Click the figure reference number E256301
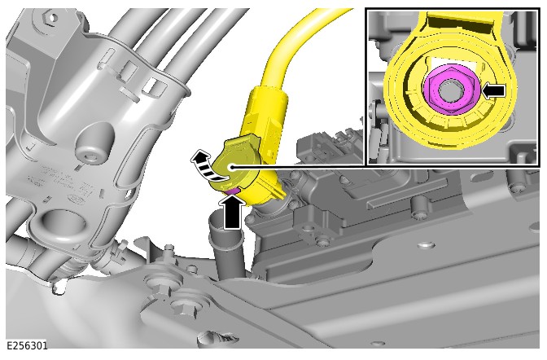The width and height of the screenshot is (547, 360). pos(27,345)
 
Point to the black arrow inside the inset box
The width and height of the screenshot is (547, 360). pos(493,90)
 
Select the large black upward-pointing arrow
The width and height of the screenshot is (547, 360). pos(232,213)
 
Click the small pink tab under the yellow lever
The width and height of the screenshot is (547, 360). pos(232,191)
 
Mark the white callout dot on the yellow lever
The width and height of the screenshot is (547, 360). pos(231,167)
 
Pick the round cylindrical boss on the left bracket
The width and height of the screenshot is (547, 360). pos(94,143)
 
